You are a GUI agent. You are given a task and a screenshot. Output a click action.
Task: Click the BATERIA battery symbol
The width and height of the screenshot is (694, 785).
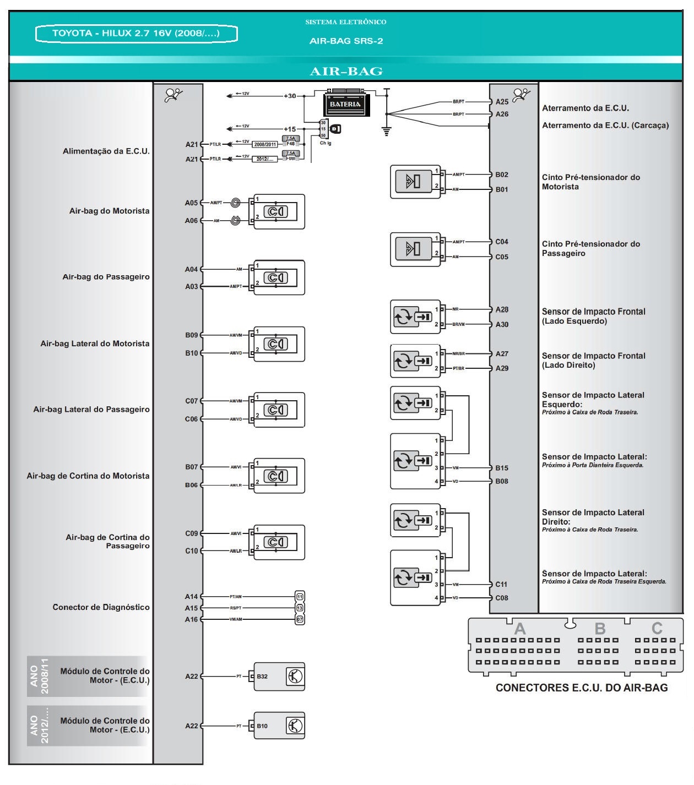[x=345, y=103]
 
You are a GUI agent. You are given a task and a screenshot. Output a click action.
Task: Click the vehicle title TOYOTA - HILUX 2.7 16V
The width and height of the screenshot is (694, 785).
[x=136, y=34]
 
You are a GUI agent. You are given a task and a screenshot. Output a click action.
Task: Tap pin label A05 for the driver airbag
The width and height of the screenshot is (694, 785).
[x=191, y=203]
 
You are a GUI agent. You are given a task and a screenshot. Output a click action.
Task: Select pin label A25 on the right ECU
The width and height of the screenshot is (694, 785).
[x=502, y=102]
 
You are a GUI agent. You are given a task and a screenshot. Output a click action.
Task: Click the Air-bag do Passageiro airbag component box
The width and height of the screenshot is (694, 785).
[x=279, y=278]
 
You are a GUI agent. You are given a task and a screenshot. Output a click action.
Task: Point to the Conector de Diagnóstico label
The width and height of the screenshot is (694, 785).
[x=101, y=607]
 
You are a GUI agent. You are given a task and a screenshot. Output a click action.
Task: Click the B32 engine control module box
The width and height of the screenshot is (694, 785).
[x=279, y=677]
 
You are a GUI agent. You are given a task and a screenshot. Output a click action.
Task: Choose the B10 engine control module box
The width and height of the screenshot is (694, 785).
[x=279, y=726]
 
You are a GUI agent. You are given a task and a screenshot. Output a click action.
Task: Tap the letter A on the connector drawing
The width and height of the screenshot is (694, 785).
[x=519, y=629]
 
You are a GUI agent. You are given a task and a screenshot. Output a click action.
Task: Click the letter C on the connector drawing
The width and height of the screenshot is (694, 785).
[x=657, y=629]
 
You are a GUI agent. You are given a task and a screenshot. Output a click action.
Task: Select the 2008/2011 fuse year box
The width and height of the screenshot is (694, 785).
[x=265, y=144]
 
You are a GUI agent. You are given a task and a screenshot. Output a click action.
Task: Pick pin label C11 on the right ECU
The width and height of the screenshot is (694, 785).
[x=501, y=585]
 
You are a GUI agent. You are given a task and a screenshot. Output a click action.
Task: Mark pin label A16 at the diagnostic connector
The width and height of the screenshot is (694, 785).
[x=191, y=620]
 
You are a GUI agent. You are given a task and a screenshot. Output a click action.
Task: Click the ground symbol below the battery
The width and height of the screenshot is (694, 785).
[x=387, y=131]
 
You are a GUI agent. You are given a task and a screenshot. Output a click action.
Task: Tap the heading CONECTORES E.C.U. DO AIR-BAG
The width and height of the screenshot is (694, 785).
[x=582, y=688]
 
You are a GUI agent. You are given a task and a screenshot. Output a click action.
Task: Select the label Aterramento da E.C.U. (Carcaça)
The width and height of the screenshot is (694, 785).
[x=605, y=126]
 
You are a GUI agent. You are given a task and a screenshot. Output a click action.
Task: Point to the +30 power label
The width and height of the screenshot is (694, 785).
[x=290, y=96]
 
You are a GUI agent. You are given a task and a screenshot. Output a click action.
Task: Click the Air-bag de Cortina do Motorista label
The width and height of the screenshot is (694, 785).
[x=88, y=476]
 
